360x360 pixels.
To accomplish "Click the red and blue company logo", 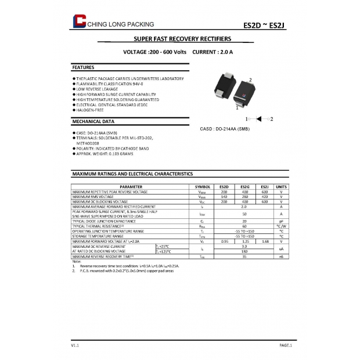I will [x=78, y=21].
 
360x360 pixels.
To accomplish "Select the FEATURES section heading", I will [x=82, y=68].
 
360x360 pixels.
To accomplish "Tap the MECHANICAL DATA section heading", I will [x=92, y=122].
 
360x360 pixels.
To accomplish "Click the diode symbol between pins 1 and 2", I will [x=260, y=118].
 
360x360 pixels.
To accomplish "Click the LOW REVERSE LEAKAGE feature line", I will [x=96, y=89].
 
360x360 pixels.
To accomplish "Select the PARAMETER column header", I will [x=131, y=186].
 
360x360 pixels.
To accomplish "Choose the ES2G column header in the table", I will [x=244, y=186].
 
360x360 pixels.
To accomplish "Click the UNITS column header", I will [x=281, y=186].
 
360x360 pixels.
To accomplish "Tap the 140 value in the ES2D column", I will [x=224, y=196].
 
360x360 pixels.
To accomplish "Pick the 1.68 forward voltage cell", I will [x=265, y=240].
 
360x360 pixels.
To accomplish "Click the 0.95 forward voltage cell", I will [x=224, y=240].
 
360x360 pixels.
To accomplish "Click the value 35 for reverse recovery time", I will [x=244, y=255].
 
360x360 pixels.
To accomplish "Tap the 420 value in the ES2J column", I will [x=265, y=196].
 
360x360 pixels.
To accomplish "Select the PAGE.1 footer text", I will [x=285, y=345].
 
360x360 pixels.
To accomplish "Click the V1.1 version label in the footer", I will [x=74, y=345].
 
